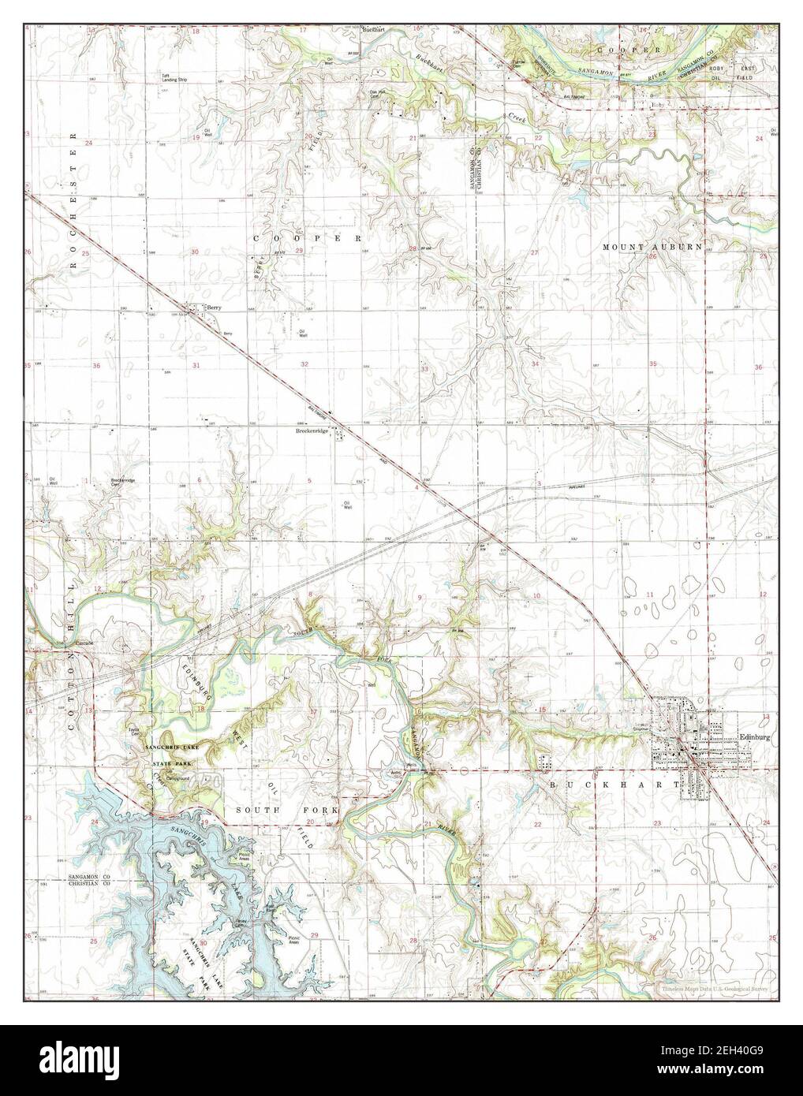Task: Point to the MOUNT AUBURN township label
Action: coord(652,247)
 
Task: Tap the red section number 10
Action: coord(536,595)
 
